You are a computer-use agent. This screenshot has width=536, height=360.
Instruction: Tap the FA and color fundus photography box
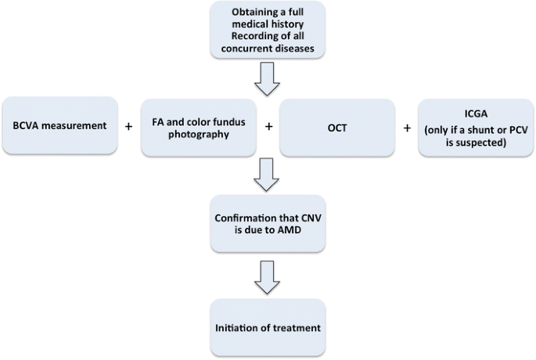[200, 126]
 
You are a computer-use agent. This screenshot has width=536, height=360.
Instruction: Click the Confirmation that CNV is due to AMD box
[268, 226]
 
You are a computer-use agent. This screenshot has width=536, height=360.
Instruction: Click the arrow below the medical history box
[268, 79]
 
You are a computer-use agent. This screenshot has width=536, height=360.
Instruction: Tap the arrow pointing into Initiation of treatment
[268, 275]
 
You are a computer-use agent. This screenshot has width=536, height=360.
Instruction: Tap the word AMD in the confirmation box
[292, 234]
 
